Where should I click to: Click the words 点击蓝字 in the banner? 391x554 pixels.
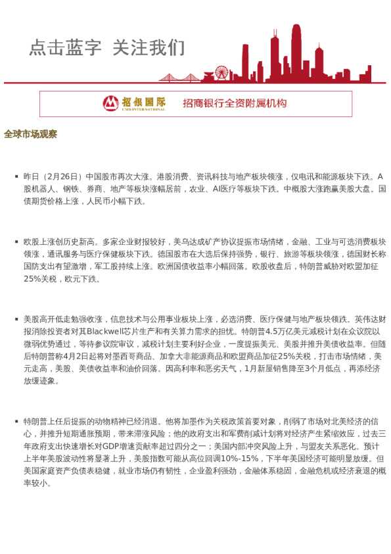pyautogui.click(x=65, y=48)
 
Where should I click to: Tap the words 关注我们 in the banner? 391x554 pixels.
pyautogui.click(x=149, y=48)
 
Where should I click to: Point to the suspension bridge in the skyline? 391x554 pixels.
pyautogui.click(x=181, y=77)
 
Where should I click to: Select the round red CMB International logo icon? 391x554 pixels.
pyautogui.click(x=111, y=103)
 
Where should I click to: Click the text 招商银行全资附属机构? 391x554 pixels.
pyautogui.click(x=235, y=103)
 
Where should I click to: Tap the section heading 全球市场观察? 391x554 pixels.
pyautogui.click(x=30, y=134)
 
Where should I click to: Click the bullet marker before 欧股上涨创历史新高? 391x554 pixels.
pyautogui.click(x=16, y=242)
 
